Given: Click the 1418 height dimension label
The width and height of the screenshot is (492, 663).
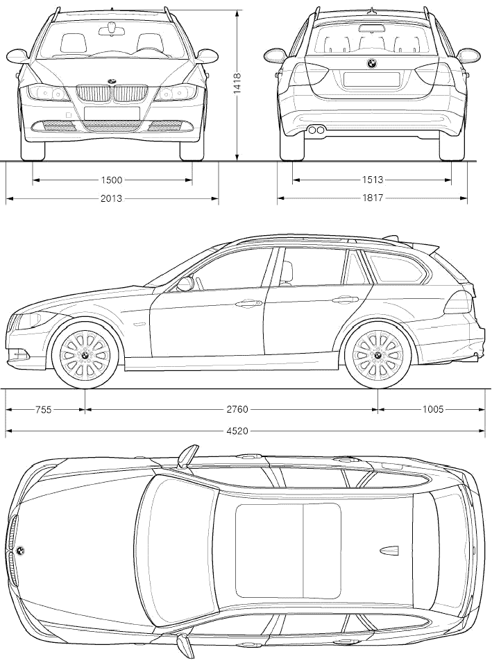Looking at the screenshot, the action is click(237, 83).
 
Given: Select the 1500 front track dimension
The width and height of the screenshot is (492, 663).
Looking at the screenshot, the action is click(112, 180).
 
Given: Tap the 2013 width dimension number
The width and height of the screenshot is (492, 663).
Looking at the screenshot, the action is click(111, 198).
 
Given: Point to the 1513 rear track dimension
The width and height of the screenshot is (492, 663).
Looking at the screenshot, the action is click(372, 180).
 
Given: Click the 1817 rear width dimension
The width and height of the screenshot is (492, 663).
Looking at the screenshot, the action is click(372, 198).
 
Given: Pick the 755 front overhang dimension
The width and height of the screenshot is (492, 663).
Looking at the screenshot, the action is click(43, 409).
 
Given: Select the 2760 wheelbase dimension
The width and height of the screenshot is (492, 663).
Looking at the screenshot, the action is click(237, 409).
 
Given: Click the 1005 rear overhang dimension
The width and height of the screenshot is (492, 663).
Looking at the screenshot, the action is click(433, 409).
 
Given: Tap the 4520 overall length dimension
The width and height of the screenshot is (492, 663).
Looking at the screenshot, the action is click(237, 431).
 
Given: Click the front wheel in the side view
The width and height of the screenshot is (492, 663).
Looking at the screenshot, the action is click(85, 355).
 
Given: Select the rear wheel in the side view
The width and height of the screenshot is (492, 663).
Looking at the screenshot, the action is click(378, 355).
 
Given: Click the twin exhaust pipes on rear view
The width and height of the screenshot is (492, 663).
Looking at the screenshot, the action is click(316, 130).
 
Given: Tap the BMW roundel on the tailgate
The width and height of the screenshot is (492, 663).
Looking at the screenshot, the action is click(372, 63).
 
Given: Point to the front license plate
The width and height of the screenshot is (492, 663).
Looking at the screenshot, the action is click(112, 113).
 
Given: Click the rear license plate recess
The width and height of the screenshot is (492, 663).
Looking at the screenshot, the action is click(372, 80).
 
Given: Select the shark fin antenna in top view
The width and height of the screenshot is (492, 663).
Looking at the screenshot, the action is click(389, 550).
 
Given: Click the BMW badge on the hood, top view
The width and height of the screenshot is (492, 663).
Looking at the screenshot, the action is click(19, 551).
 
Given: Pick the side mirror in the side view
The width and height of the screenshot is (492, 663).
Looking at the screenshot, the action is click(185, 284).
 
